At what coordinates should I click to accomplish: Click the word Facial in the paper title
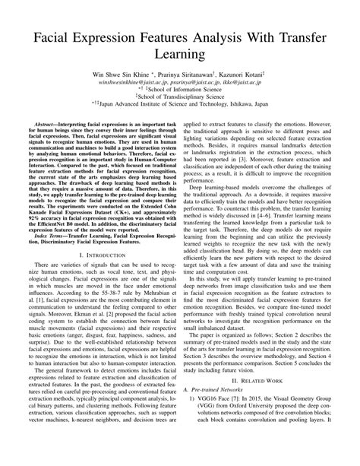tap(48, 38)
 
